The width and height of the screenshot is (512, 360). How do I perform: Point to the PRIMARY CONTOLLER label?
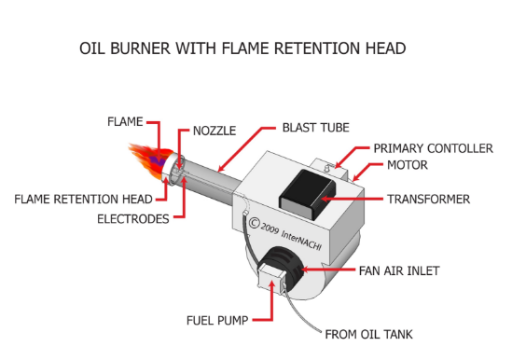click(433, 148)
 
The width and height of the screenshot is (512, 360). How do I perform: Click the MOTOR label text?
click(407, 165)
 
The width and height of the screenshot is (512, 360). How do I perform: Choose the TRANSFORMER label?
click(428, 199)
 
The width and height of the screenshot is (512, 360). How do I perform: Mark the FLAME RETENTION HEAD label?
click(84, 199)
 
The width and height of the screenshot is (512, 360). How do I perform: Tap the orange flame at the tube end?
click(145, 162)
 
